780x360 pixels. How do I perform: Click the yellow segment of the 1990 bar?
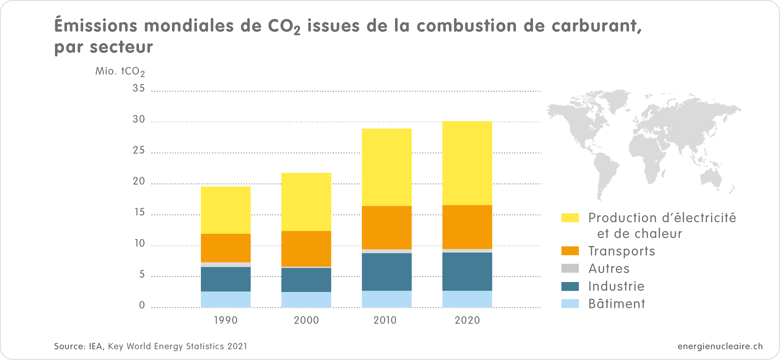point(225,210)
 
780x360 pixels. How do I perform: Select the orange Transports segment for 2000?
point(306,249)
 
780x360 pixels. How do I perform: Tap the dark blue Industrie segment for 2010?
point(387,272)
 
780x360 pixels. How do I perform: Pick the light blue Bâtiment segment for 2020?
point(467,299)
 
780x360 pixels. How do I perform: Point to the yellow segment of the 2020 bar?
point(467,163)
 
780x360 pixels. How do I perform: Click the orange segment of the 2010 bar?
point(387,227)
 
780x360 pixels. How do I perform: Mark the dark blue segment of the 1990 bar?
point(225,279)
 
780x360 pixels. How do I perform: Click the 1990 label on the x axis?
point(226,320)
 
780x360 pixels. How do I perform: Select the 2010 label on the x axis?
point(385,320)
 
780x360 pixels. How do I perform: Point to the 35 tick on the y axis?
point(139,88)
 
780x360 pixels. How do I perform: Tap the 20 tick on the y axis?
point(139,181)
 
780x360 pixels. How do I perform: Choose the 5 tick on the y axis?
point(142,274)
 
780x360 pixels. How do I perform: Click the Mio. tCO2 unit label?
point(120,71)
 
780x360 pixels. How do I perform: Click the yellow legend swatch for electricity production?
point(570,217)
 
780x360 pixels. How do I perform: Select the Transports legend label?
point(621,251)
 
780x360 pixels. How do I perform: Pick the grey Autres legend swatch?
point(570,268)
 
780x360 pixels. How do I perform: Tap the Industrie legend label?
point(616,286)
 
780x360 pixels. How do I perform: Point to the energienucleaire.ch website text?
point(720,346)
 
